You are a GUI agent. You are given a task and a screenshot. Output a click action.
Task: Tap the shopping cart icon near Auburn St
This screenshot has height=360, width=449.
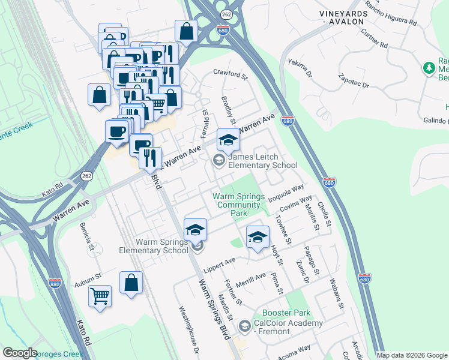point(100,295)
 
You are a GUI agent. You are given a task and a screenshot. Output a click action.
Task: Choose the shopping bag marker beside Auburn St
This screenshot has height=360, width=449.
point(131,282)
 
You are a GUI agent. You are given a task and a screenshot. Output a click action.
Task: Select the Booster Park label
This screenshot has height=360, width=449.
point(286,313)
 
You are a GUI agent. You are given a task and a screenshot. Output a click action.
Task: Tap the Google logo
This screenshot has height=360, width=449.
point(20,353)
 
